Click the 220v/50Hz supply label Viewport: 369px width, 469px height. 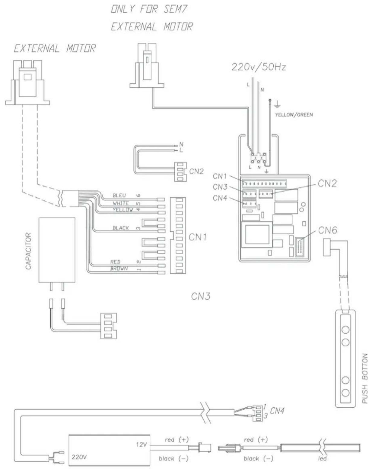click(258, 67)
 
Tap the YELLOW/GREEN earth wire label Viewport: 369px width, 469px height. click(294, 115)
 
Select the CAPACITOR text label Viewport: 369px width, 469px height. click(28, 251)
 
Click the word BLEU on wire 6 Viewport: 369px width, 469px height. click(119, 195)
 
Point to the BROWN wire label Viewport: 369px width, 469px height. click(119, 268)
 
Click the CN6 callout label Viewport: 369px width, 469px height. click(327, 230)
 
